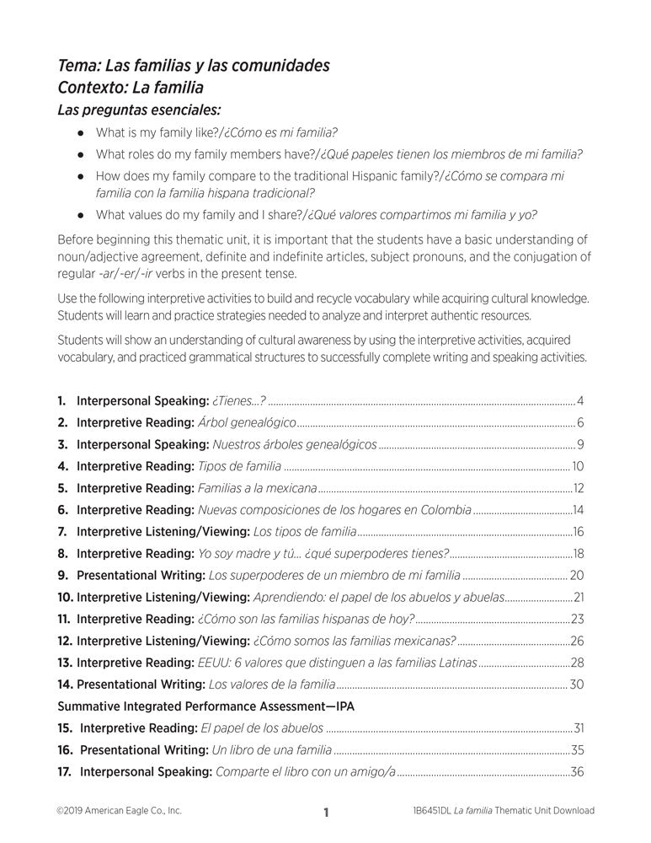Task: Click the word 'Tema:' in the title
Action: [x=77, y=65]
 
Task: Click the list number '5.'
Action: [x=63, y=488]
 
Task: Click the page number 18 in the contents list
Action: [x=579, y=554]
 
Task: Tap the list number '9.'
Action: [x=63, y=576]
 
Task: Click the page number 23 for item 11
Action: [x=578, y=620]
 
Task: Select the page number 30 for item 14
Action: [x=577, y=685]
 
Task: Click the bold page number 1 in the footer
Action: [x=325, y=813]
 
